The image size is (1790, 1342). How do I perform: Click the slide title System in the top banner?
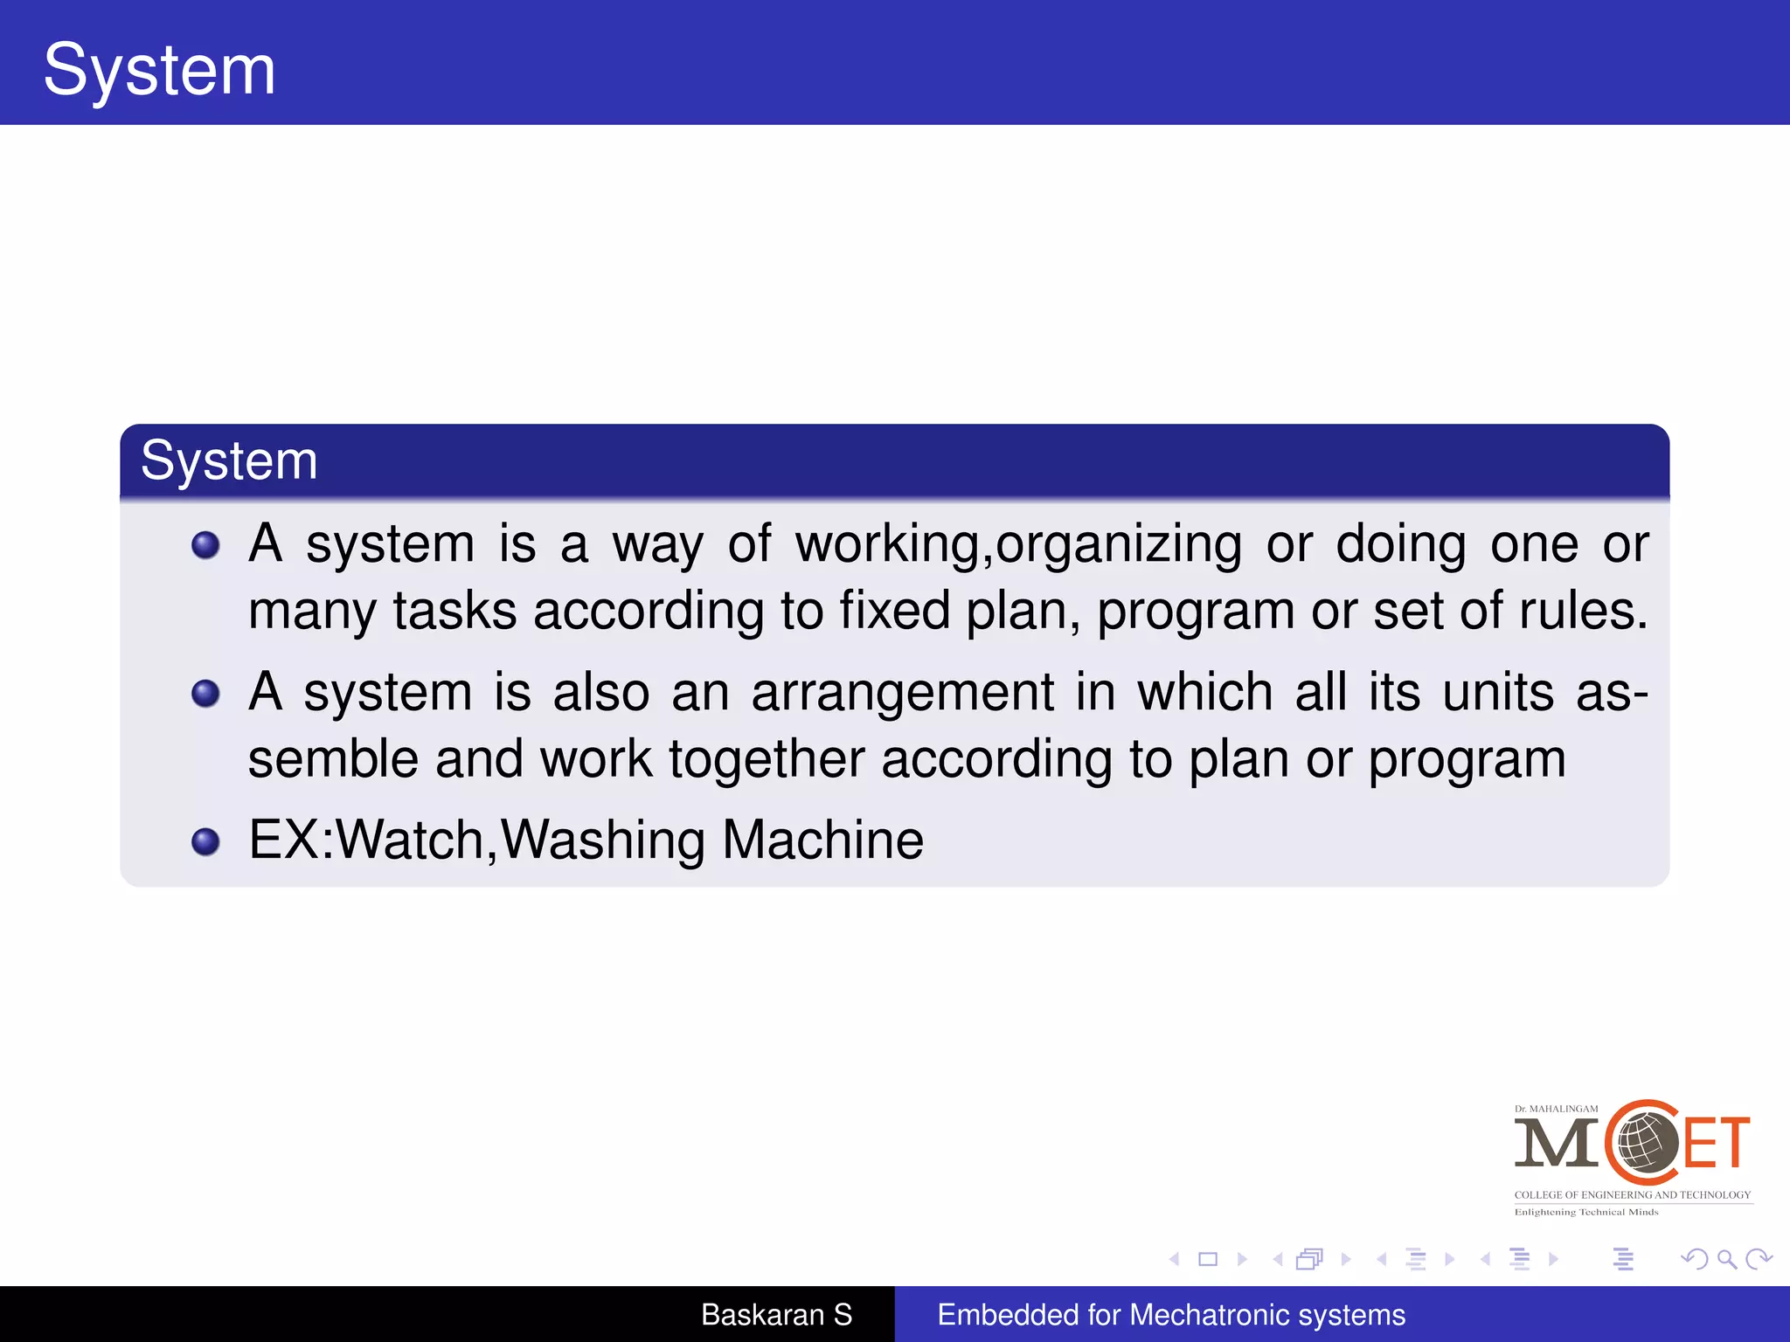[x=159, y=70]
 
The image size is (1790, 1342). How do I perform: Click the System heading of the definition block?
[x=229, y=460]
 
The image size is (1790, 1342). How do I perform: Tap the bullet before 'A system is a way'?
[x=205, y=545]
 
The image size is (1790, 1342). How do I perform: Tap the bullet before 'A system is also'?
[x=205, y=694]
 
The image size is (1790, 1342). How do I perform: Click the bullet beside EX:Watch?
[x=205, y=841]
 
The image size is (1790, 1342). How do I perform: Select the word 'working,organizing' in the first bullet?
[x=1018, y=545]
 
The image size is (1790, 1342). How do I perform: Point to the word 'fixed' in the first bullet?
[x=895, y=611]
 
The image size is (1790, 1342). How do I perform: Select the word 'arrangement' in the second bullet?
[x=903, y=693]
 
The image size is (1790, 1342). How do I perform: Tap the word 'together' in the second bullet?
[x=767, y=759]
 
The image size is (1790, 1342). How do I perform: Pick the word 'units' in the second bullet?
[x=1498, y=693]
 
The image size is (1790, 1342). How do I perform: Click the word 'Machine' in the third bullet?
[x=822, y=840]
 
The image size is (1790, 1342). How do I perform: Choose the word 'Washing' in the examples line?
[x=603, y=840]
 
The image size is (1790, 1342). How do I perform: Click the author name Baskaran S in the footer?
[x=776, y=1315]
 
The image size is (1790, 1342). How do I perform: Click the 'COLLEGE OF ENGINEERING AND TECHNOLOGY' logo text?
[x=1633, y=1195]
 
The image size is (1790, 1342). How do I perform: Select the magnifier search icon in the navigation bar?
[x=1726, y=1259]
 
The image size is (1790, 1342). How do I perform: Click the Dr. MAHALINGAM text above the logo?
[x=1556, y=1109]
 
